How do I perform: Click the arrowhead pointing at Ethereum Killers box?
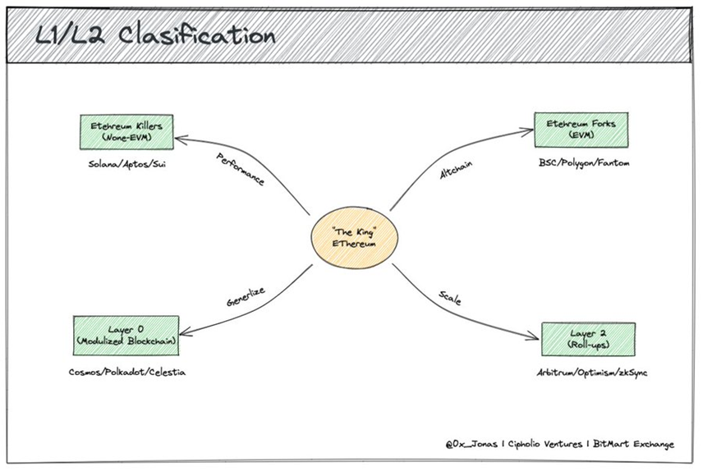(181, 139)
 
